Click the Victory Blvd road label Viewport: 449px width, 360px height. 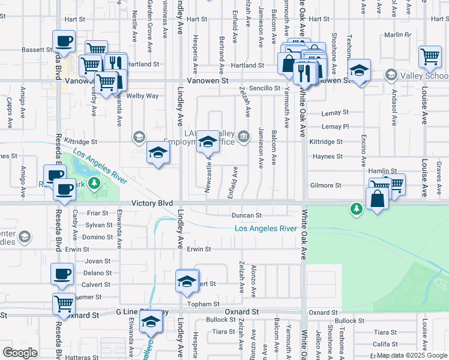(139, 203)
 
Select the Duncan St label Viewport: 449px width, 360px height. (247, 215)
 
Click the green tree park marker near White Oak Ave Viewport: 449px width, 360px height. (357, 208)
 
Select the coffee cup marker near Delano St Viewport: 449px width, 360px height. (62, 274)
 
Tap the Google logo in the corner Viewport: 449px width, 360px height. (20, 352)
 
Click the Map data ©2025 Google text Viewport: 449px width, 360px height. (412, 356)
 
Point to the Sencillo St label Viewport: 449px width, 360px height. (265, 88)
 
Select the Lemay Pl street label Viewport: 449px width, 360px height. (335, 127)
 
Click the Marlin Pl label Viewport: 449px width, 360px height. (399, 35)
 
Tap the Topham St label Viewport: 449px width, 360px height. (200, 305)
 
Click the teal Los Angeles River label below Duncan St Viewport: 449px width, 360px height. (265, 229)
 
